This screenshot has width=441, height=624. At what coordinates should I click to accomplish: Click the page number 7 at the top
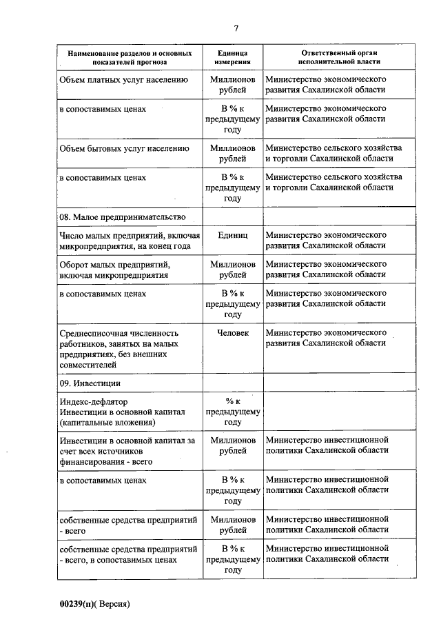click(236, 28)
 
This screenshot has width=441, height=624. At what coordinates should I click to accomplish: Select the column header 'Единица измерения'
click(232, 58)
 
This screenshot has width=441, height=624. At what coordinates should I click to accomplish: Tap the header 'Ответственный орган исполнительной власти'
click(340, 58)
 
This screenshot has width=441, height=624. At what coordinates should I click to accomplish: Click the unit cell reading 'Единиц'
click(232, 235)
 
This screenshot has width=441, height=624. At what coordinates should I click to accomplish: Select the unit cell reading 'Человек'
click(232, 332)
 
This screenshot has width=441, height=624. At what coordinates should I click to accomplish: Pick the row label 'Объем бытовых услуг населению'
click(124, 148)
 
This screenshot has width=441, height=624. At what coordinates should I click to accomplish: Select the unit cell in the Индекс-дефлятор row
click(232, 412)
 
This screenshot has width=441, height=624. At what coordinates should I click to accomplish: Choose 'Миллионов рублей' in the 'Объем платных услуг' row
click(232, 85)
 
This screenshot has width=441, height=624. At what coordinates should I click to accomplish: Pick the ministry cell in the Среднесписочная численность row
click(325, 337)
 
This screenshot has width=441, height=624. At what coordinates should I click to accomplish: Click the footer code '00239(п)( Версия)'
click(95, 603)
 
